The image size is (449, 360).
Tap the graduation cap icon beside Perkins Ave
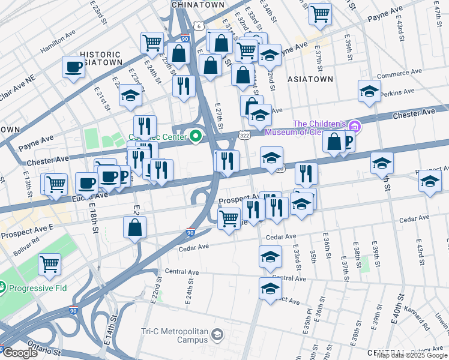(370, 91)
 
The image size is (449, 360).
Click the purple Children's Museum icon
(355, 126)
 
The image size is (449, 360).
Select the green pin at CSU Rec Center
(196, 137)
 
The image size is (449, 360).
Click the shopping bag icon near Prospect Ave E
(135, 227)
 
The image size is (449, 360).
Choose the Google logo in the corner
(19, 353)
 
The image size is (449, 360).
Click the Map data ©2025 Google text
(412, 355)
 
